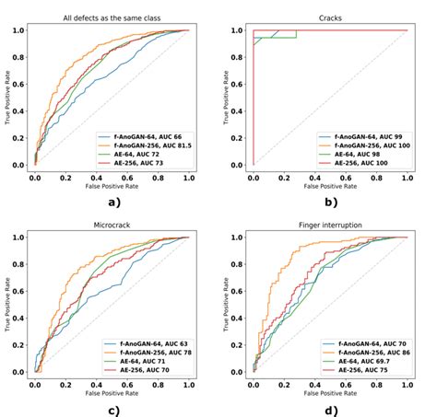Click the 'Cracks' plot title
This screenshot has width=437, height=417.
tap(330, 17)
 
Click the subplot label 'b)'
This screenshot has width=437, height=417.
tap(328, 202)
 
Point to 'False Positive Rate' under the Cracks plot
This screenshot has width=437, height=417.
tap(330, 184)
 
